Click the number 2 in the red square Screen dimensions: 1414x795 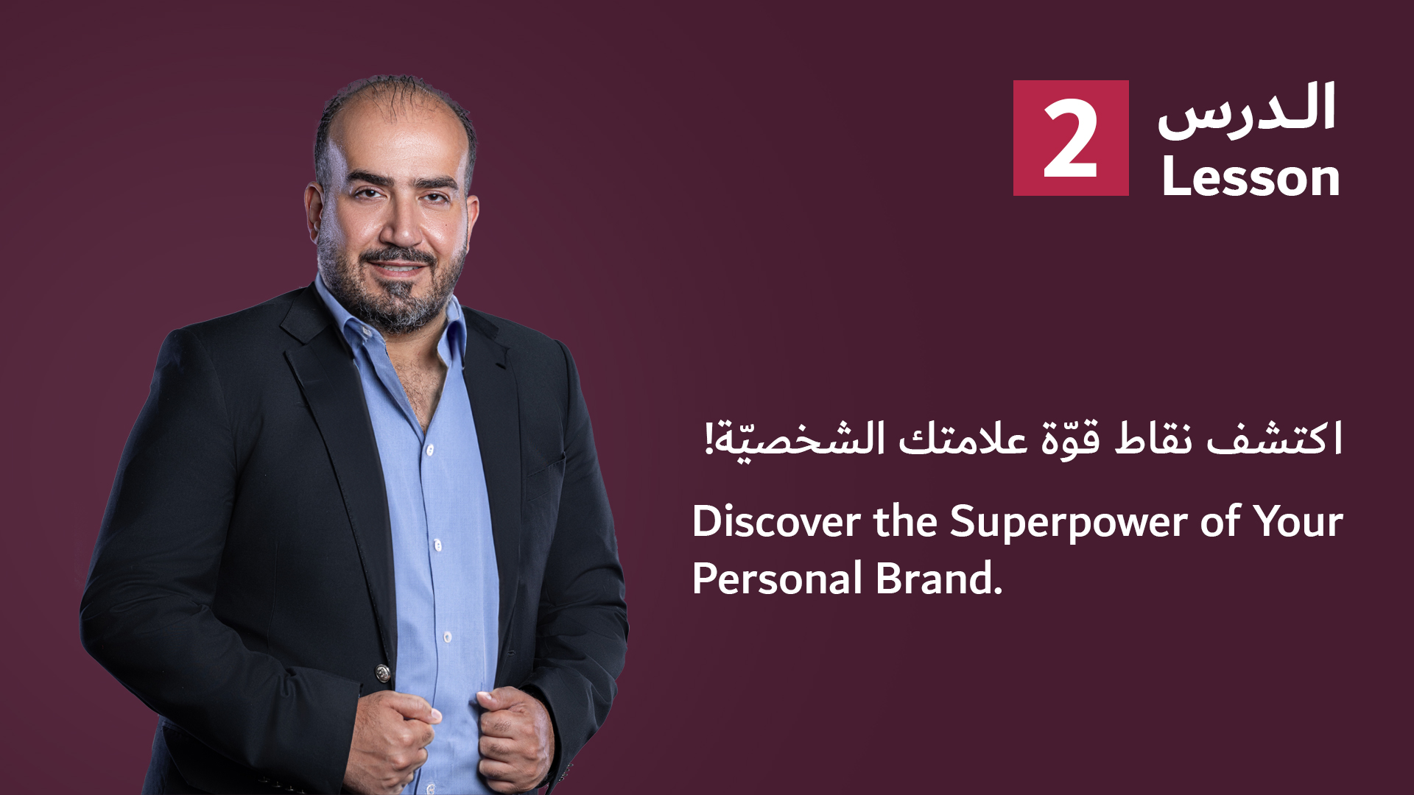[x=1070, y=139]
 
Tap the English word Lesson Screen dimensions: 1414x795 [x=1251, y=177]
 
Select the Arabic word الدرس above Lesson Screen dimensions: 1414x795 [x=1246, y=110]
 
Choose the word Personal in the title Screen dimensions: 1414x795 [x=777, y=579]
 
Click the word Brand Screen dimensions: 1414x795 [x=939, y=578]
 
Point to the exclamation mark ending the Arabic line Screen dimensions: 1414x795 [x=709, y=438]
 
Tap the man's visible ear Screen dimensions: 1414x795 [x=314, y=213]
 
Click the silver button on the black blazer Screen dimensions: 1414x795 [x=382, y=672]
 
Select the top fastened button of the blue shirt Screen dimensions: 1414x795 [x=430, y=448]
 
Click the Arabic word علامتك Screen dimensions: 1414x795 [x=963, y=439]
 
